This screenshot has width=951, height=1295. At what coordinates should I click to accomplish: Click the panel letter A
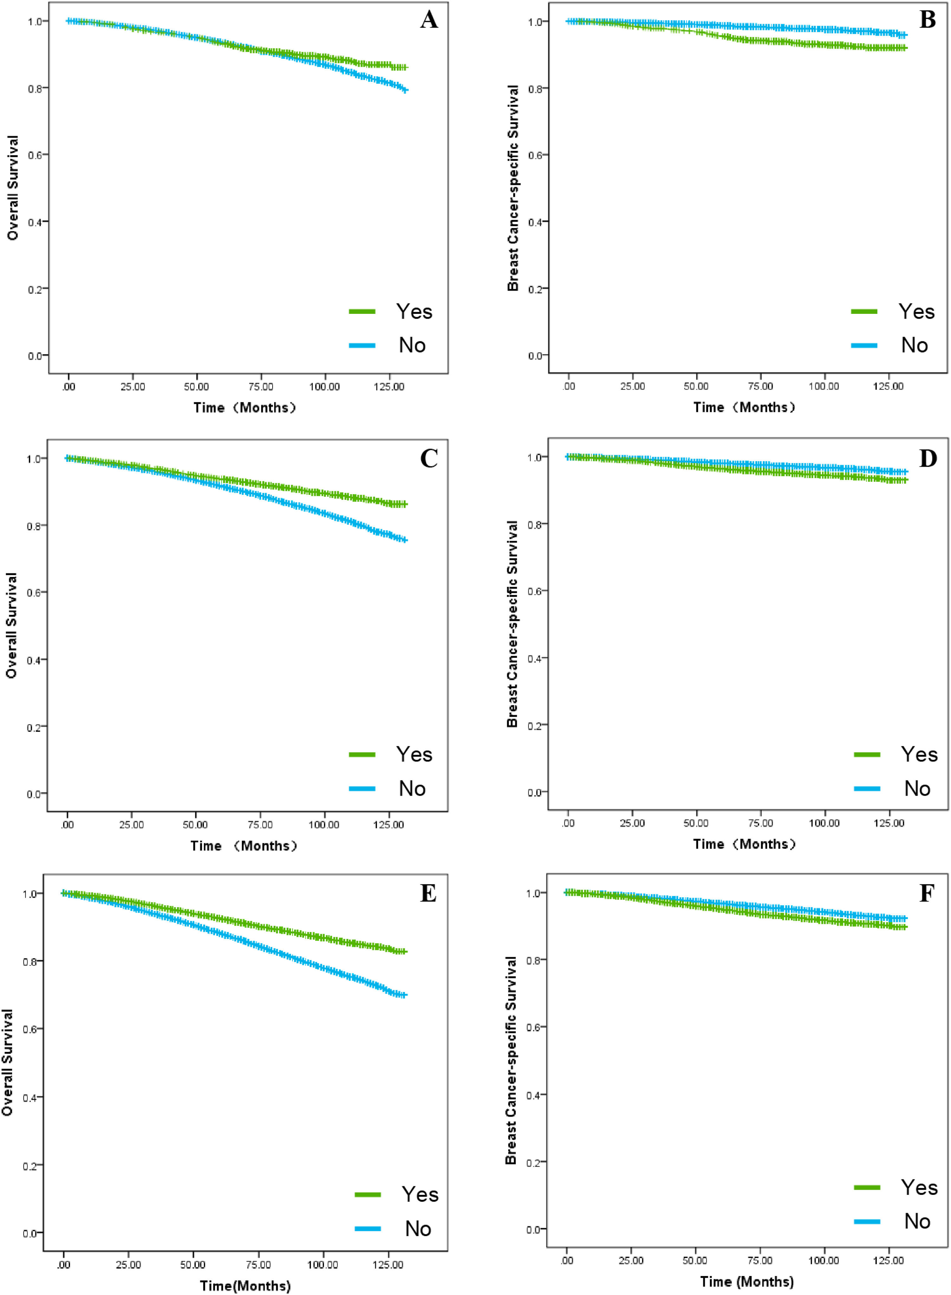click(x=429, y=20)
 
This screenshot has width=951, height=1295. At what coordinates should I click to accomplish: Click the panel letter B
click(x=928, y=20)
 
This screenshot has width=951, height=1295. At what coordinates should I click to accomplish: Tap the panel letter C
click(x=429, y=459)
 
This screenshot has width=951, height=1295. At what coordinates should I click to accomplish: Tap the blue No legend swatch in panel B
click(x=864, y=345)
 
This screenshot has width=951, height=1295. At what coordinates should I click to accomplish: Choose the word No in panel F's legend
click(x=917, y=1221)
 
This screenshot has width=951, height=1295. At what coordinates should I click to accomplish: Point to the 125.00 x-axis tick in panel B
click(x=888, y=386)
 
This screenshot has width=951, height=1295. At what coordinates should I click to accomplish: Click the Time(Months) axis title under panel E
click(x=245, y=1286)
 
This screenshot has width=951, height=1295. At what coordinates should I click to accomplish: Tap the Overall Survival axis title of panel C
click(x=11, y=626)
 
